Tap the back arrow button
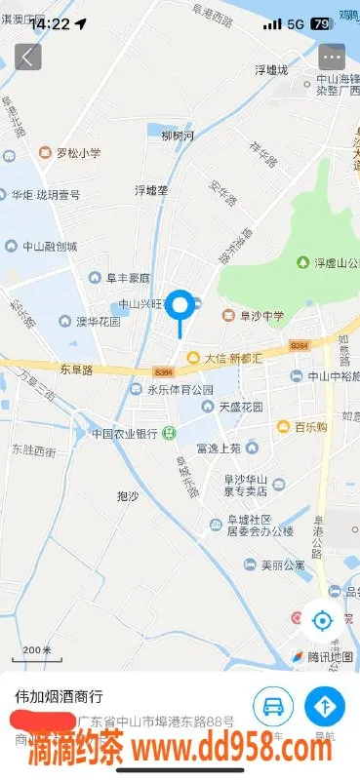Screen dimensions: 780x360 pos(27,57)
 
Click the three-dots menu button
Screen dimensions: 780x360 pos(333,57)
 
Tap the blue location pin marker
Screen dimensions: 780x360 pos(180,307)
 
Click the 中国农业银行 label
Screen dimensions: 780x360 pos(125,433)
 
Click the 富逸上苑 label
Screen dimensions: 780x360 pos(218,448)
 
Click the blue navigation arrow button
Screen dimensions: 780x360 pos(326,706)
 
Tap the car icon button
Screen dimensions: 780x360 pos(274,706)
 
